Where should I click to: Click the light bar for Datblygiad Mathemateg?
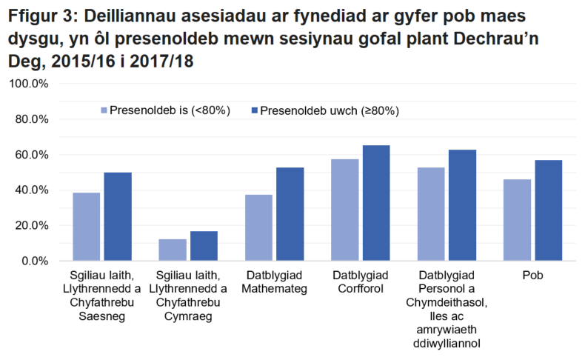coord(259,228)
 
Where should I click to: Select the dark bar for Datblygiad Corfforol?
coord(375,203)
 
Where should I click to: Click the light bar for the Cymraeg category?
coord(173,250)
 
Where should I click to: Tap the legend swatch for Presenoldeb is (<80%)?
coord(104,110)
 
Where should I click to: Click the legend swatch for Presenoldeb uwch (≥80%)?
coord(255,110)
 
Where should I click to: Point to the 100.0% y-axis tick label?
coord(29,84)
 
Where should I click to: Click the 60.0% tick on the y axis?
coord(32,155)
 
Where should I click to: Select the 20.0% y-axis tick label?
coord(32,226)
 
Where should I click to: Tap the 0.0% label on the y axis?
coord(35,261)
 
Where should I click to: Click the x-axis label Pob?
coord(532,276)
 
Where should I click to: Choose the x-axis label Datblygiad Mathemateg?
coord(275,283)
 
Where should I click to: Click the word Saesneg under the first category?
coord(101,316)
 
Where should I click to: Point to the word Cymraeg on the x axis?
coord(188,316)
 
